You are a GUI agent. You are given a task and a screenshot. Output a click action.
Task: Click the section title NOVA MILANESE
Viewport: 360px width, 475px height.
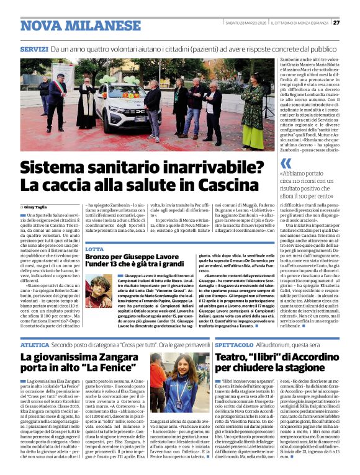(72, 26)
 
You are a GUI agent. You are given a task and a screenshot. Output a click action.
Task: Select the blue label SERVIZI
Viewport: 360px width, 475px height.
(34, 48)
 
